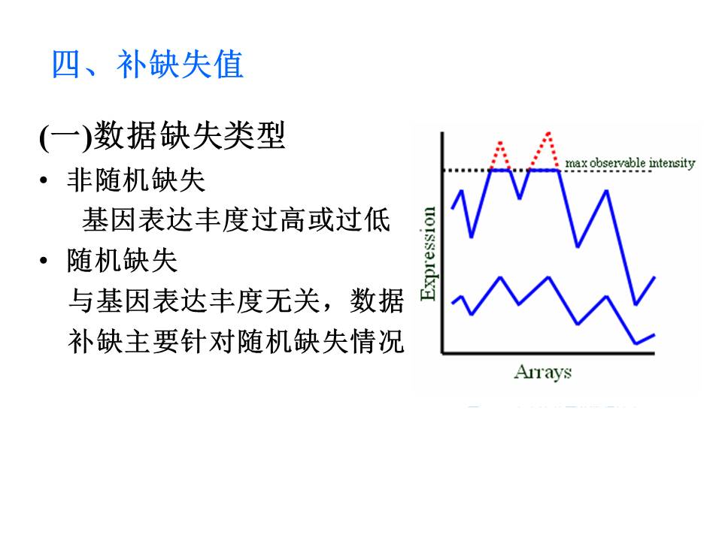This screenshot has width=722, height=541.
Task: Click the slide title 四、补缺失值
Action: pyautogui.click(x=147, y=65)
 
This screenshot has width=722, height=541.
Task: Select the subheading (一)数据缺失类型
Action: pyautogui.click(x=162, y=136)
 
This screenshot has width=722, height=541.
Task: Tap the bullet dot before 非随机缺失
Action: pyautogui.click(x=44, y=180)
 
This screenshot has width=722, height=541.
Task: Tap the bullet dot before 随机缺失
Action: pyautogui.click(x=44, y=261)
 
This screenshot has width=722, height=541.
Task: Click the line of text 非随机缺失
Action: pyautogui.click(x=136, y=180)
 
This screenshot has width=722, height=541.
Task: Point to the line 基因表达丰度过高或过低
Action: pyautogui.click(x=236, y=220)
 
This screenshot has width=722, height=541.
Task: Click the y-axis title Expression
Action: pyautogui.click(x=428, y=253)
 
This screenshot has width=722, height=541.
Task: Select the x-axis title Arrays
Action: pyautogui.click(x=543, y=372)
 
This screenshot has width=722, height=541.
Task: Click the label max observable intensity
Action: pyautogui.click(x=630, y=163)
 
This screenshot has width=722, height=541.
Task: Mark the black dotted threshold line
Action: pyautogui.click(x=547, y=171)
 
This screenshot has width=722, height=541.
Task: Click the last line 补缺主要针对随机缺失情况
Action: pyautogui.click(x=236, y=341)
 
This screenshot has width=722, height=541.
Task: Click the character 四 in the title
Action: pyautogui.click(x=65, y=65)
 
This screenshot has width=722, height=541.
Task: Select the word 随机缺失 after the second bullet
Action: pyautogui.click(x=122, y=261)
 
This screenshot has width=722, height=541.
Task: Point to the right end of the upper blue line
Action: pyautogui.click(x=654, y=277)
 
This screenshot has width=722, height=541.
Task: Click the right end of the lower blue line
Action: pyautogui.click(x=654, y=335)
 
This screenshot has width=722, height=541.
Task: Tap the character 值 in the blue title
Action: pyautogui.click(x=229, y=65)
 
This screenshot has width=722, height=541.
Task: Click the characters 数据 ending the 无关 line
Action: pyautogui.click(x=377, y=301)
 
